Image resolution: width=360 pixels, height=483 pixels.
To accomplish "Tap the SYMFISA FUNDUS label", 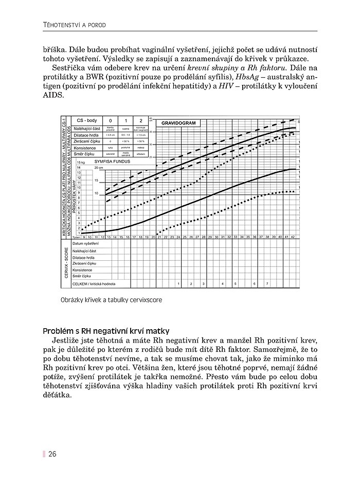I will click(x=113, y=161).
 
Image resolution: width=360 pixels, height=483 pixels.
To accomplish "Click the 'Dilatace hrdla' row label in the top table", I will click(x=87, y=134).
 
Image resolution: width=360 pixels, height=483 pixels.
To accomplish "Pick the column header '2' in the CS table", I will click(x=140, y=120).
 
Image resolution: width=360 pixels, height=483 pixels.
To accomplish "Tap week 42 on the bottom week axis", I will click(x=293, y=237).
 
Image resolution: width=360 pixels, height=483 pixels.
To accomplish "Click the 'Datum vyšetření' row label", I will click(x=86, y=243).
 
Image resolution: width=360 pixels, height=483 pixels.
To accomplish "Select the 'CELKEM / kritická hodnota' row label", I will click(x=94, y=284).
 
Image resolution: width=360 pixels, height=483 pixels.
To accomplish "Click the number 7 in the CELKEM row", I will click(x=266, y=284).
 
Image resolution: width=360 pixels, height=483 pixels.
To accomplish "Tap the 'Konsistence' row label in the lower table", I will click(x=82, y=270).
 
